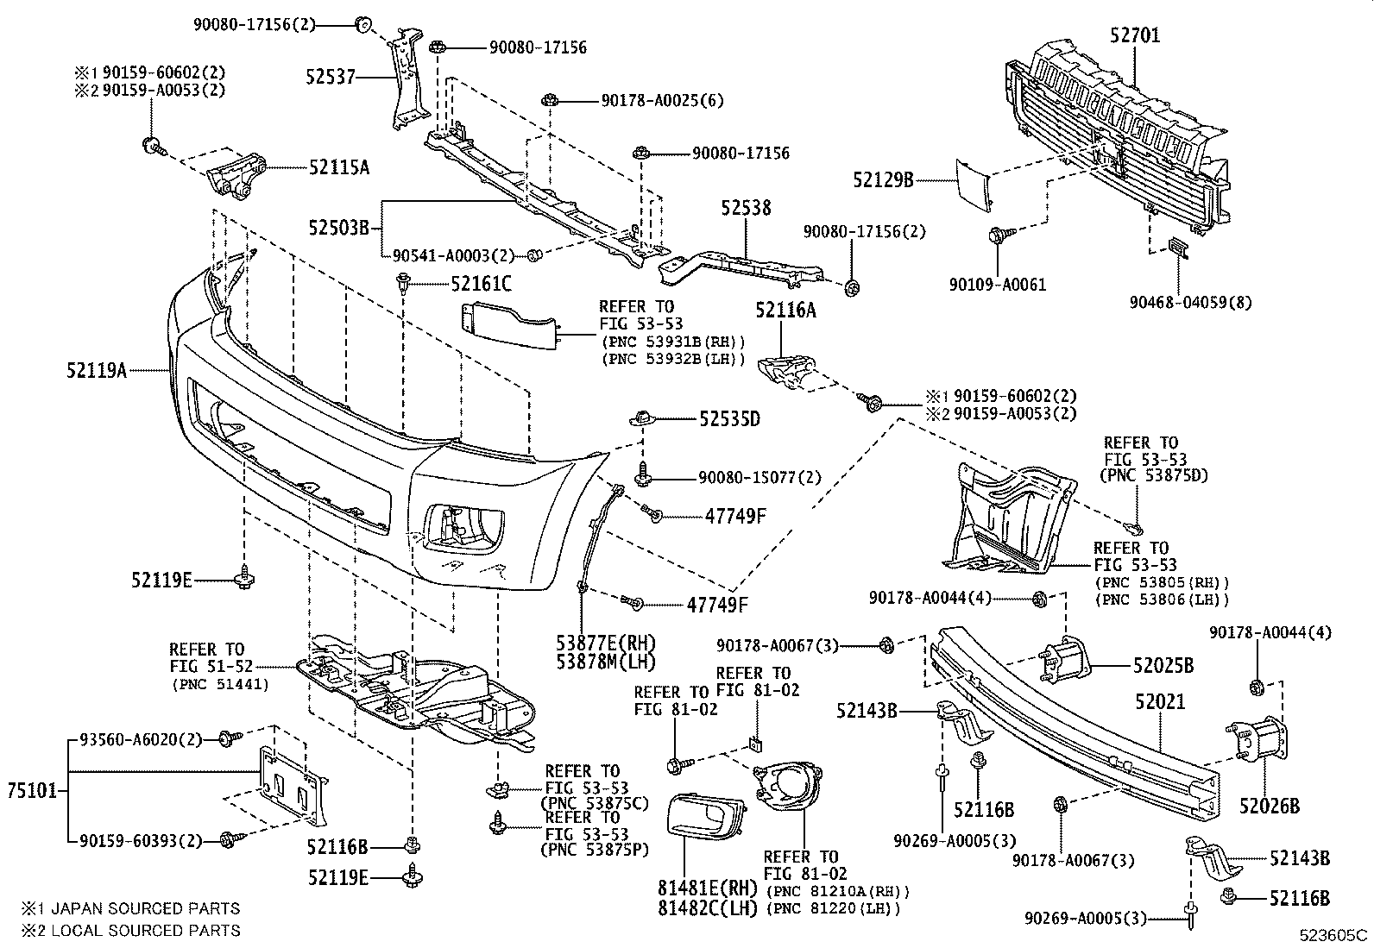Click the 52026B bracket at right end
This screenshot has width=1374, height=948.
click(x=1262, y=742)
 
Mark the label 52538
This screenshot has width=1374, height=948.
click(x=747, y=209)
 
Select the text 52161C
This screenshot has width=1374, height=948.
click(x=481, y=283)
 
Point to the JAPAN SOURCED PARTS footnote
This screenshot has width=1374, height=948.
click(x=131, y=908)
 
